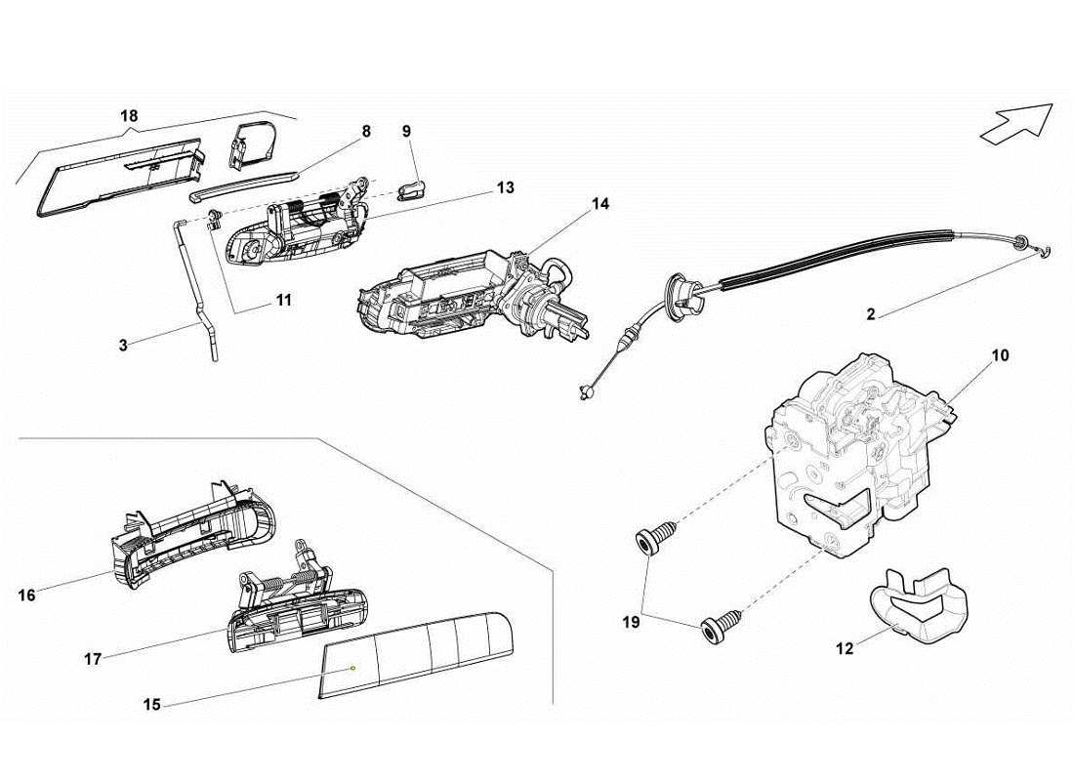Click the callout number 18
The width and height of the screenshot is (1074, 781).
tap(129, 116)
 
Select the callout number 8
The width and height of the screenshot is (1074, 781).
tap(365, 131)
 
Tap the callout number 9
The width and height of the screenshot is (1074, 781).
tap(406, 131)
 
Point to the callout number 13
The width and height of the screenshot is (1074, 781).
tap(504, 187)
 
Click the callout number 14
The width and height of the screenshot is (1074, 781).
tap(599, 204)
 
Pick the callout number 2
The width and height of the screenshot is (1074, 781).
tap(870, 314)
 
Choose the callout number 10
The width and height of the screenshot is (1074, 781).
tap(1000, 355)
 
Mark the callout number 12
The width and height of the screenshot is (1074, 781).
tap(846, 647)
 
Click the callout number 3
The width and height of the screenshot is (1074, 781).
tap(124, 345)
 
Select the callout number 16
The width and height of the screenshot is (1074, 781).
tap(26, 594)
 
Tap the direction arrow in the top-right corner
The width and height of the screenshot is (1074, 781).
tap(1016, 125)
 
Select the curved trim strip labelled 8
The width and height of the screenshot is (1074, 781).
tap(244, 185)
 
